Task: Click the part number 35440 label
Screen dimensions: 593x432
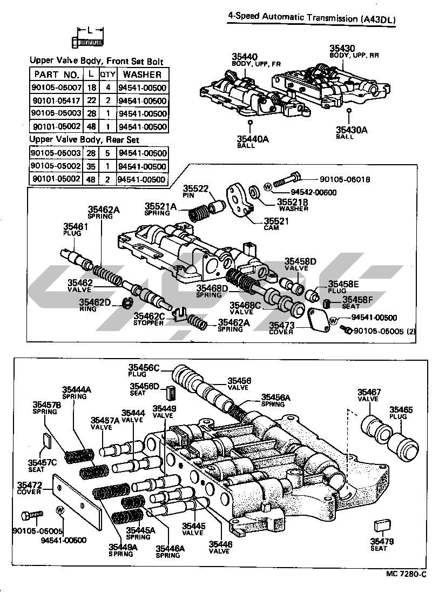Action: (x=245, y=56)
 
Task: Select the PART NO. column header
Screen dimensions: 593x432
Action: (x=57, y=75)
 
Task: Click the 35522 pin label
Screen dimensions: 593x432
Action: (x=194, y=188)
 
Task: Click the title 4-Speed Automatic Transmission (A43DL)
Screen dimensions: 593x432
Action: (x=312, y=19)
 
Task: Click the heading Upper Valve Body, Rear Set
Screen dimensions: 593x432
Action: (x=84, y=140)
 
